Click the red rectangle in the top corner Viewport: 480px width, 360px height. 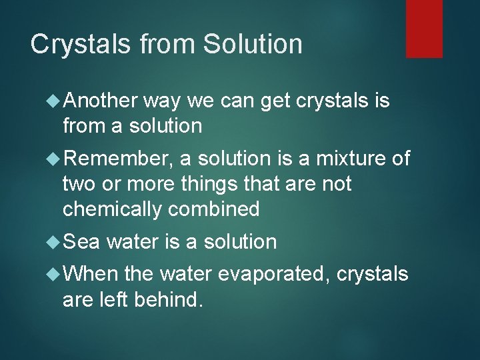(424, 28)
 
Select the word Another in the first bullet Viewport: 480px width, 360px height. (99, 101)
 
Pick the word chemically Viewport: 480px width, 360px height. (112, 209)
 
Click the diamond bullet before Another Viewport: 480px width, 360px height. (53, 101)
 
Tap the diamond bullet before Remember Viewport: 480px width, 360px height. (53, 160)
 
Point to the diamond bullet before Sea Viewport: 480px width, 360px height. (53, 242)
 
